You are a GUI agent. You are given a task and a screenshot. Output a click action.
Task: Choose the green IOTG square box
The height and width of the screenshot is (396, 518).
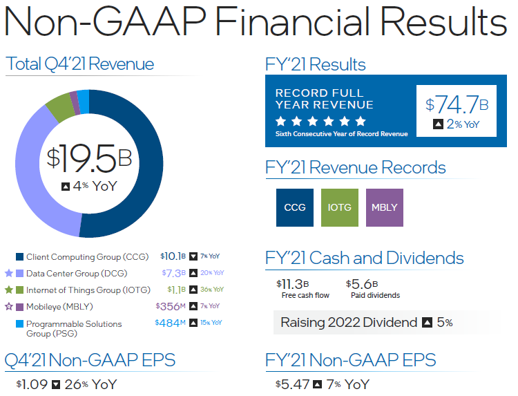tap(340, 207)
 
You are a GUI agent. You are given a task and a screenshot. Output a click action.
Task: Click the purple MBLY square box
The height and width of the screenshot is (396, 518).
tap(384, 207)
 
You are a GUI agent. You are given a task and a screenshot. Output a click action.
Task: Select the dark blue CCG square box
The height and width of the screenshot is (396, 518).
tap(294, 207)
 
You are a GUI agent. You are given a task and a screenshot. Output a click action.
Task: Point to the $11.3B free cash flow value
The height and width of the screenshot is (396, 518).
tap(292, 284)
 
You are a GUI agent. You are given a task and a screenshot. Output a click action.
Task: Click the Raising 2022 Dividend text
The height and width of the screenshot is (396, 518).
tap(348, 322)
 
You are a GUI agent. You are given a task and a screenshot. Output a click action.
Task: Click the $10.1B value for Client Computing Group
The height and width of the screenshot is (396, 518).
tap(173, 256)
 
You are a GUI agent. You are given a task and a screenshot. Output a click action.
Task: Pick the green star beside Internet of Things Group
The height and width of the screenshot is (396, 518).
tap(9, 290)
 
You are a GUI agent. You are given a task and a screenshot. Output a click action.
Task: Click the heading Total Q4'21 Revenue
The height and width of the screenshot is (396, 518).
tap(80, 65)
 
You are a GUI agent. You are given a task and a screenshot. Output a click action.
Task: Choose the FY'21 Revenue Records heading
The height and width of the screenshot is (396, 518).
tap(356, 168)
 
